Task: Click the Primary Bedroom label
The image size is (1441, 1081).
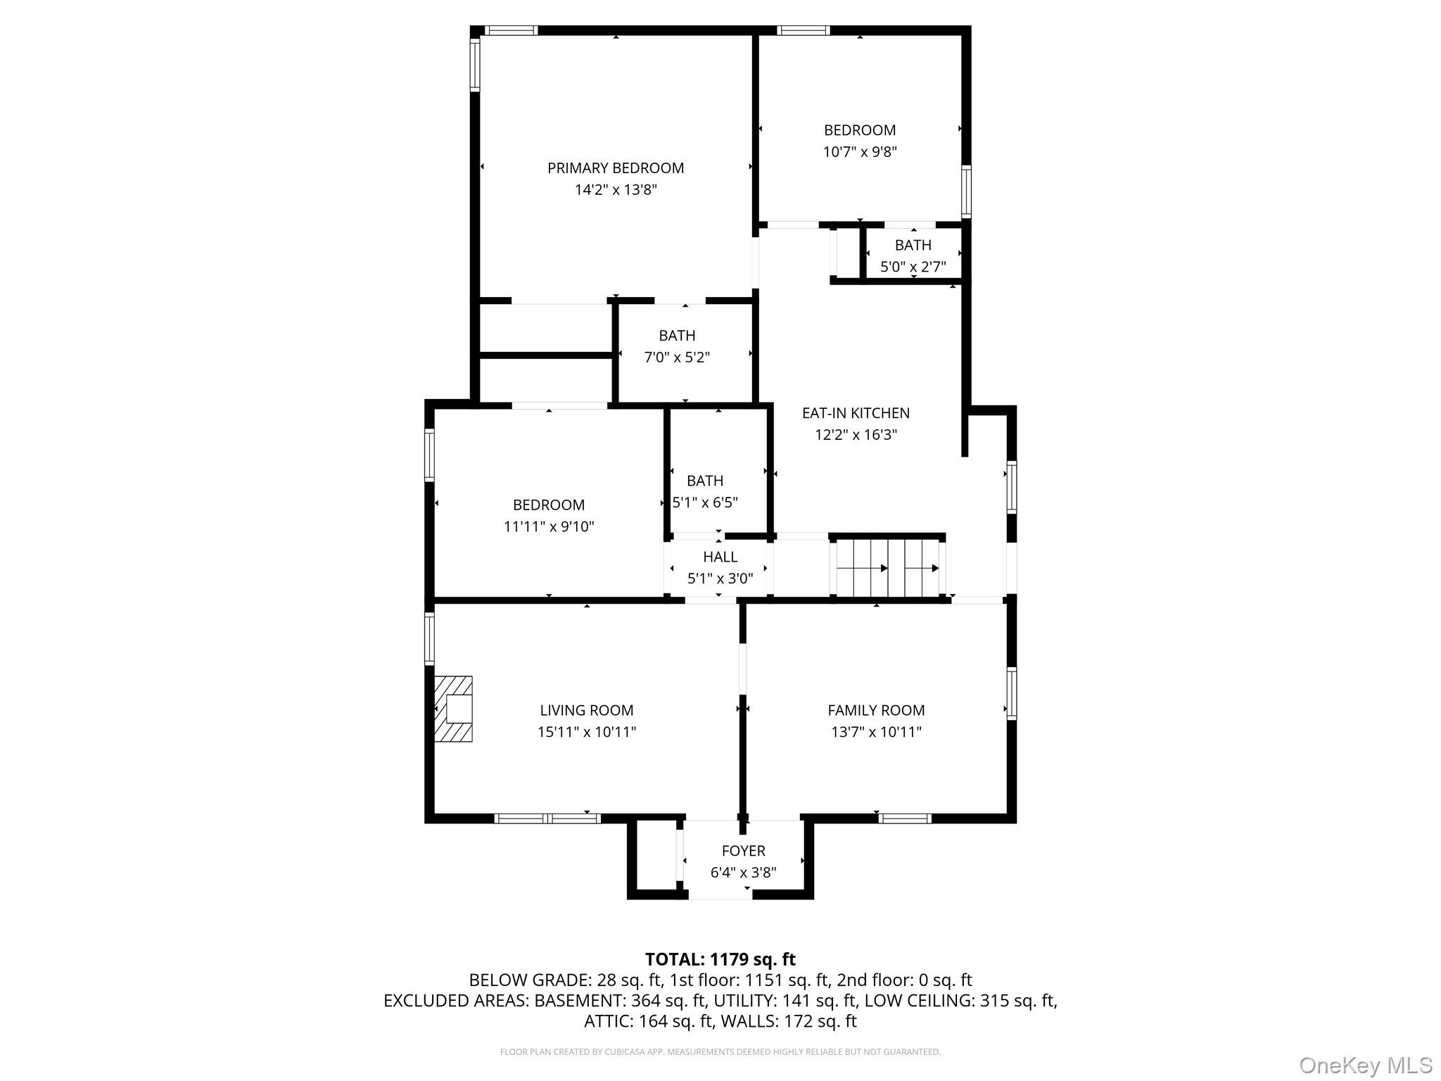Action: pyautogui.click(x=616, y=168)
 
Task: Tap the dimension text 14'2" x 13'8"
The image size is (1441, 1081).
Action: pyautogui.click(x=616, y=189)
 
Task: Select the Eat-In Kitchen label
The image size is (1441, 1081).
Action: pyautogui.click(x=856, y=413)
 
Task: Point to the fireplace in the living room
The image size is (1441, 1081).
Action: pyautogui.click(x=453, y=709)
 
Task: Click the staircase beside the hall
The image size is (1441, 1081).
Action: pyautogui.click(x=888, y=567)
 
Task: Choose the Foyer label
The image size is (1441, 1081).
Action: pyautogui.click(x=744, y=851)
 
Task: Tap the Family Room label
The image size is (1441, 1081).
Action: pyautogui.click(x=876, y=711)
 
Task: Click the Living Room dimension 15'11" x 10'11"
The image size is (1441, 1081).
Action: pyautogui.click(x=587, y=732)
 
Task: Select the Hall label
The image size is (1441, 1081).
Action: pyautogui.click(x=720, y=557)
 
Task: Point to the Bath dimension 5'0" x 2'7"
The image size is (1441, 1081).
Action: pyautogui.click(x=913, y=267)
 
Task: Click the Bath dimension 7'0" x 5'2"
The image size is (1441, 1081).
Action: pyautogui.click(x=677, y=357)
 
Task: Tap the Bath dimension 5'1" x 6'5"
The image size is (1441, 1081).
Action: pyautogui.click(x=705, y=502)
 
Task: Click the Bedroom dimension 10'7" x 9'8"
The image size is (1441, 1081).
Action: pyautogui.click(x=860, y=151)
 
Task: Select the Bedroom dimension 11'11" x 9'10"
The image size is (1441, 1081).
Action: pyautogui.click(x=549, y=526)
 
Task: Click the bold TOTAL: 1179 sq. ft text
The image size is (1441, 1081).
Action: pyautogui.click(x=720, y=959)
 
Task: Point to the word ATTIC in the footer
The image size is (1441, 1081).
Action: pyautogui.click(x=609, y=1021)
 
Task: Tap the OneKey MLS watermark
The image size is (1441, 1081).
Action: pyautogui.click(x=1366, y=1066)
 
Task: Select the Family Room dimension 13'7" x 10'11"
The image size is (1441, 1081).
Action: pyautogui.click(x=876, y=732)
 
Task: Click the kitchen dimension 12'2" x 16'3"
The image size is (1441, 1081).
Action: pyautogui.click(x=856, y=434)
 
